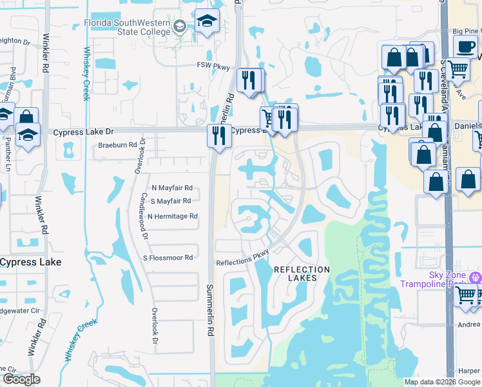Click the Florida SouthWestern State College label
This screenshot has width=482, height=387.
click(127, 28)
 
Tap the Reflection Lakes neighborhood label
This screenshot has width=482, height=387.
click(302, 273)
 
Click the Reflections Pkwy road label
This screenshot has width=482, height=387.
click(242, 258)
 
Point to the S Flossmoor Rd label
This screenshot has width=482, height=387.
click(168, 258)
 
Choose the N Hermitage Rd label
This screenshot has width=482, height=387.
click(172, 217)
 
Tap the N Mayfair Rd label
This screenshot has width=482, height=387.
click(172, 188)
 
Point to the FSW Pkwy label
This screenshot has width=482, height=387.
click(213, 65)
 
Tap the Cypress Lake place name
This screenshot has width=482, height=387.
click(30, 262)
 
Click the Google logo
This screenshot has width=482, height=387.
click(21, 379)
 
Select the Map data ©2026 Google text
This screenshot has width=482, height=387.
click(442, 382)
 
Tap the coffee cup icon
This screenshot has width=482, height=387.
click(466, 46)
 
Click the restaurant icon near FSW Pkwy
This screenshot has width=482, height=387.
click(249, 81)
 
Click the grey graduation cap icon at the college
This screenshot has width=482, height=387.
click(180, 26)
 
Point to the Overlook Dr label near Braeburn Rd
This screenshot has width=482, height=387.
click(143, 155)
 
